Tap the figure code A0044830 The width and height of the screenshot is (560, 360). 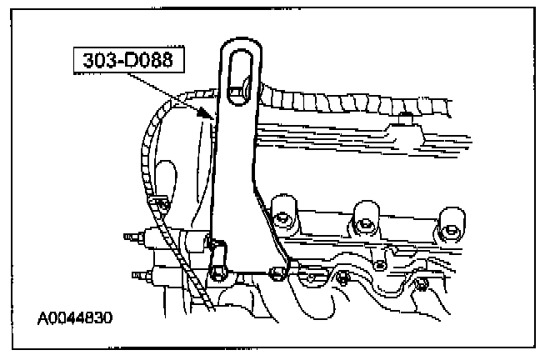pyautogui.click(x=75, y=317)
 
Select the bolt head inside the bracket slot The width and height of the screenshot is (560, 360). pyautogui.click(x=240, y=88)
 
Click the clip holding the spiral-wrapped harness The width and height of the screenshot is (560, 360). pyautogui.click(x=158, y=201)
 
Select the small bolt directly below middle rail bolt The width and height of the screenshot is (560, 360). pyautogui.click(x=380, y=266)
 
